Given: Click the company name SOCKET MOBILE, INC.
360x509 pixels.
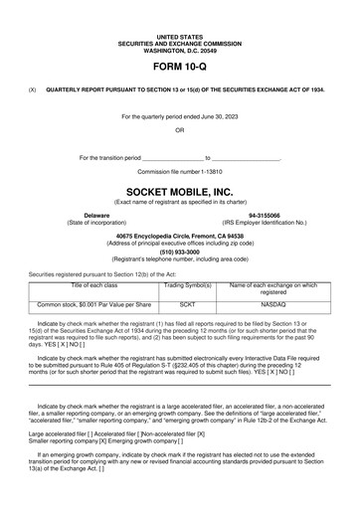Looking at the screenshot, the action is (179, 188).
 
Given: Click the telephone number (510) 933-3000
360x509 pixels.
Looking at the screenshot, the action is (179, 252).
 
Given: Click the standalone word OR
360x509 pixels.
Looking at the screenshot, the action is (179, 130).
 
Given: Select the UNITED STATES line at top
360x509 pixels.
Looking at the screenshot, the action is (179, 35).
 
